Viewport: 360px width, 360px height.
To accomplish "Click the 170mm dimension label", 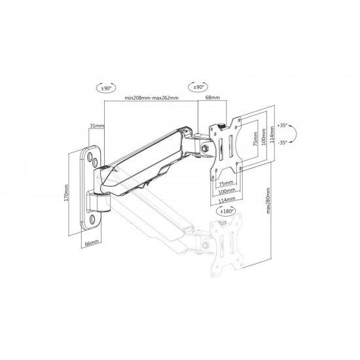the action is tap(66, 193).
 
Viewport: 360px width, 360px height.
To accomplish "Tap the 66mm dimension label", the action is tap(92, 243).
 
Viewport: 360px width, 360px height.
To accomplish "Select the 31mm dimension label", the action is tap(97, 126).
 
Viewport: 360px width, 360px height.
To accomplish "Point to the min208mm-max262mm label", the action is tap(152, 98).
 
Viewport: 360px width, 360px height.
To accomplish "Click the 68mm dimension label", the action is tap(212, 98).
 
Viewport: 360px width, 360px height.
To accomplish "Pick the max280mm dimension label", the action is tap(268, 201).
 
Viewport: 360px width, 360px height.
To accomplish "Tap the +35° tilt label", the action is tap(282, 126).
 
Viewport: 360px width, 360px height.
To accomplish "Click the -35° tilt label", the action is tap(282, 143).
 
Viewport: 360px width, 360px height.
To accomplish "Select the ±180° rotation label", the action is tap(226, 211).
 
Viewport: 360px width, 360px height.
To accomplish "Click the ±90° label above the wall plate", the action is tap(106, 88).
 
